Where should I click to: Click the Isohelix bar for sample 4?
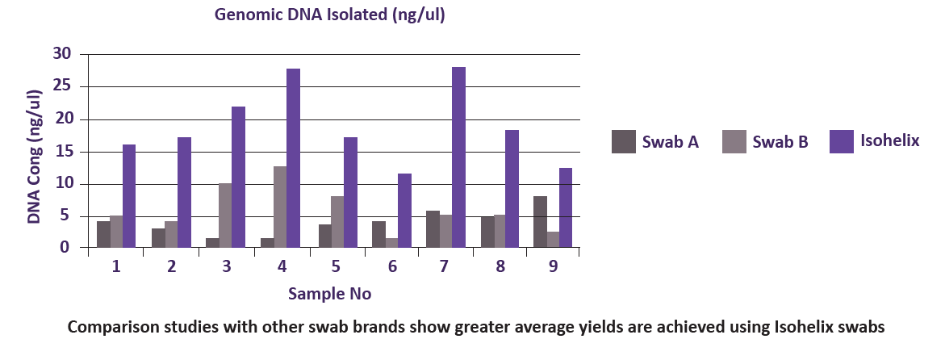(293, 158)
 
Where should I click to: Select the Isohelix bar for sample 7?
(458, 157)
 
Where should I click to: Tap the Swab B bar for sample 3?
(225, 216)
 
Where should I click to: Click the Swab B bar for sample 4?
(279, 207)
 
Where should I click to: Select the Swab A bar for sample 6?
(378, 234)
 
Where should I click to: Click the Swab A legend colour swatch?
(623, 141)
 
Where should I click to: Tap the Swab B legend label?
(780, 143)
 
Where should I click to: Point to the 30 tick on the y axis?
(62, 54)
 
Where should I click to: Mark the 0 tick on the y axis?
(68, 248)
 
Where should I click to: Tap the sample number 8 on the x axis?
(500, 266)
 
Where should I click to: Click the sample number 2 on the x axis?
(172, 266)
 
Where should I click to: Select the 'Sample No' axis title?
(329, 294)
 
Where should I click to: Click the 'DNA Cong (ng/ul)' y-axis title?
(35, 157)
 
